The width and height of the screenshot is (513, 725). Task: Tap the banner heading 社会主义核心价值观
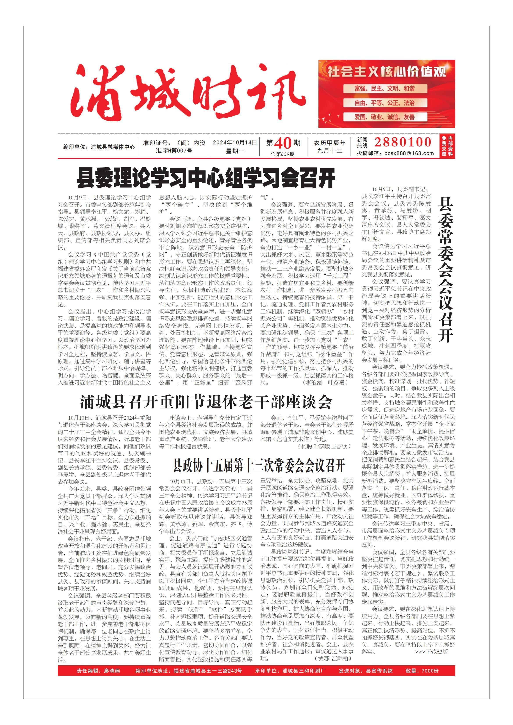click(x=386, y=72)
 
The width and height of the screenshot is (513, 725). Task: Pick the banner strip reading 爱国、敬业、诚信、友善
click(x=384, y=117)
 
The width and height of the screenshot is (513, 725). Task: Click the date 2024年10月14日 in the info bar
click(x=235, y=143)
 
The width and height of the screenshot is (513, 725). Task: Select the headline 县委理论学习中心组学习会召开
click(x=206, y=178)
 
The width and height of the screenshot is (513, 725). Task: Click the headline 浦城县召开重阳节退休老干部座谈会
click(x=206, y=402)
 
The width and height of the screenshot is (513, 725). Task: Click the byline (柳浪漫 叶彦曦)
click(x=325, y=382)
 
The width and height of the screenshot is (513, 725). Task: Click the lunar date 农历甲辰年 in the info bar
click(x=329, y=143)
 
